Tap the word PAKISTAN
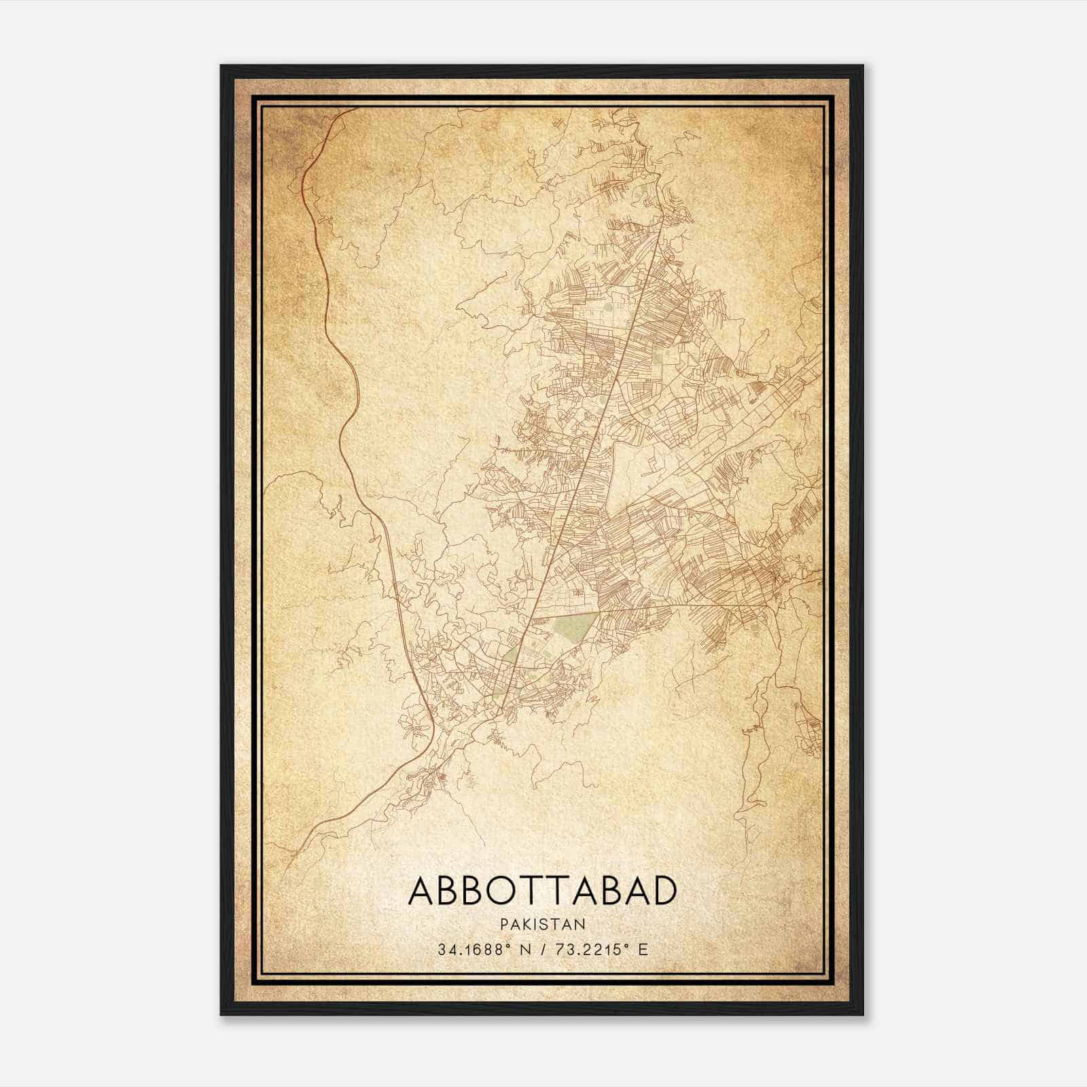543,925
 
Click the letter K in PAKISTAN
527,925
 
